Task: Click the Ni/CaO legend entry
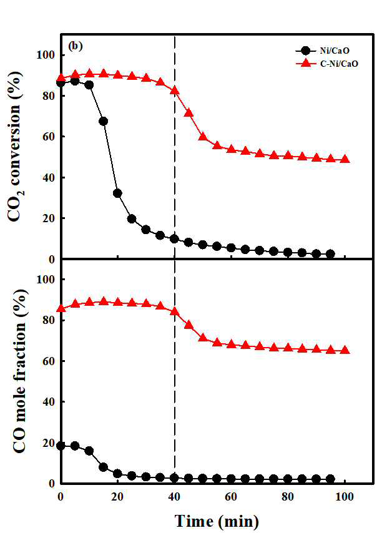point(322,51)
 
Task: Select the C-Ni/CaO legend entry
point(326,63)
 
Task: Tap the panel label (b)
point(75,46)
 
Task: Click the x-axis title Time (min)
point(217,521)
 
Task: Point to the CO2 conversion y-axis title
point(15,146)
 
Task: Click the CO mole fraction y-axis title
point(19,371)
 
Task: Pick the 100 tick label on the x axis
point(345,497)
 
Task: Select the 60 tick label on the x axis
point(231,497)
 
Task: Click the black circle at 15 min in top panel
point(104,121)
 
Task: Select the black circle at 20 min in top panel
point(117,193)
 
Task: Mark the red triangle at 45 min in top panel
point(189,112)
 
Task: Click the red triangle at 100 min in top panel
point(345,159)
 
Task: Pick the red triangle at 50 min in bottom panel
point(203,338)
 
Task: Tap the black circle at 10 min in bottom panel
point(89,451)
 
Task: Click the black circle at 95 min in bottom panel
point(330,479)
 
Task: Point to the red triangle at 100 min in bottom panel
point(345,350)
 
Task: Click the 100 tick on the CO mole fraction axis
point(46,279)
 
